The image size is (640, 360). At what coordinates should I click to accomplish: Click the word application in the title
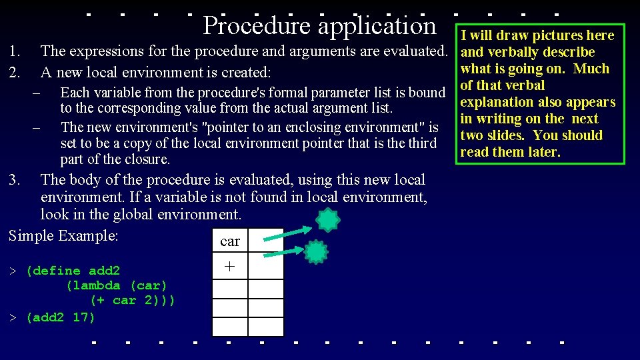click(377, 26)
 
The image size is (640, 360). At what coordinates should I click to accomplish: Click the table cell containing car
click(229, 241)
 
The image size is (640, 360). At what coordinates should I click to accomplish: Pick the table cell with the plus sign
click(230, 266)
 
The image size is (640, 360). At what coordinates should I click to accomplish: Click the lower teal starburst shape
click(316, 252)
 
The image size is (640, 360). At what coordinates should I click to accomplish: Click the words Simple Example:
click(63, 236)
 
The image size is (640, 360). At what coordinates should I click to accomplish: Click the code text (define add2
click(73, 271)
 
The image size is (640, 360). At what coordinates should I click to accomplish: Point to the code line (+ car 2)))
click(133, 300)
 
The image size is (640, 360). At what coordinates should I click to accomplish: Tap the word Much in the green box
click(591, 69)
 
